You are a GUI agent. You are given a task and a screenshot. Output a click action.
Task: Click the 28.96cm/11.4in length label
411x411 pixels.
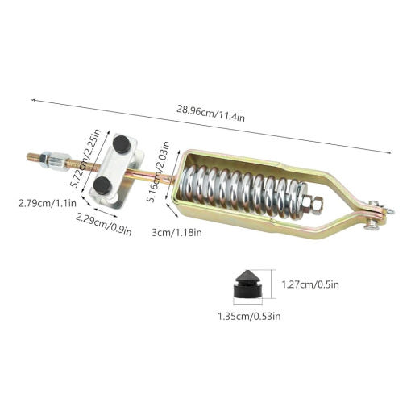[x=210, y=114]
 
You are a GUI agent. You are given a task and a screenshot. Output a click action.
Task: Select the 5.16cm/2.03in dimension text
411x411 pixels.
[x=159, y=172]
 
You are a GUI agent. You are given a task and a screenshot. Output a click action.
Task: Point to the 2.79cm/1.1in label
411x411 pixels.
[x=48, y=203]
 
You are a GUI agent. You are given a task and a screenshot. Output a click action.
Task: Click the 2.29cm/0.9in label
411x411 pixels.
[x=104, y=224]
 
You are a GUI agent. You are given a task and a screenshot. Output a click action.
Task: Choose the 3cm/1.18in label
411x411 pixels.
[x=176, y=232]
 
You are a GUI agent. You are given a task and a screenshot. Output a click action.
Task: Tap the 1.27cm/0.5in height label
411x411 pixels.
[x=310, y=284]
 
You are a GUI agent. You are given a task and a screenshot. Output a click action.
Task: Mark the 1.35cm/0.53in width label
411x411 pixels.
[x=249, y=316]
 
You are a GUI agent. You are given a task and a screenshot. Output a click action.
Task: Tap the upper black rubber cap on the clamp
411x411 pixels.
[x=122, y=144]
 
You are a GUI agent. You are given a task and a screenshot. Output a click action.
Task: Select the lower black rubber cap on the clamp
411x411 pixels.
[x=102, y=185]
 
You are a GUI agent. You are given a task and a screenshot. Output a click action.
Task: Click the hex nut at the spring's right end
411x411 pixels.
[x=313, y=204]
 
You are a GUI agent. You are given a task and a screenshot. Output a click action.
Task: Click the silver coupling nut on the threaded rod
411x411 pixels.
[x=60, y=161]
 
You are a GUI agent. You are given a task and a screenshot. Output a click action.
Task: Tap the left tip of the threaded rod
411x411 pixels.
[x=27, y=156]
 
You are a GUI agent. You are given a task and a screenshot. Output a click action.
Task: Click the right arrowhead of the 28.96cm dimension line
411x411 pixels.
[x=390, y=152]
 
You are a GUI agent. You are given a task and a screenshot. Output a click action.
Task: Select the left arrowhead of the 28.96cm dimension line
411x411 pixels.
[x=32, y=100]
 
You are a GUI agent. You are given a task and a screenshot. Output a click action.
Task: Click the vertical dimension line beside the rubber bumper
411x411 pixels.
[x=272, y=284]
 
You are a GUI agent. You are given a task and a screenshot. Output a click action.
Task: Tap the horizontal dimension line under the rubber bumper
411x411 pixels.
[x=247, y=305]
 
